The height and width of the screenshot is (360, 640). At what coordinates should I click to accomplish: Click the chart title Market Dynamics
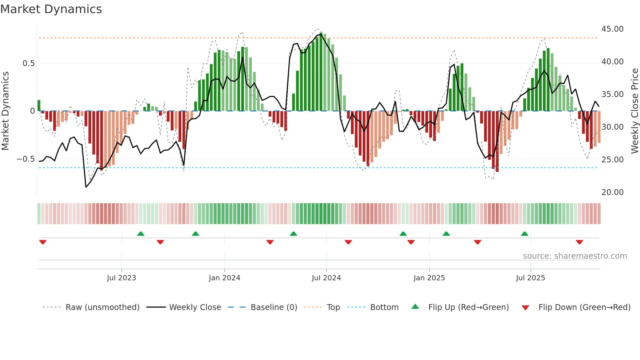click(x=51, y=9)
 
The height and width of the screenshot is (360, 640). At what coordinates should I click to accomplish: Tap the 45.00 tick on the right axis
click(x=612, y=29)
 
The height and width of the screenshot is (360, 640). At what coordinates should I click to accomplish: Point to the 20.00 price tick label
click(x=612, y=192)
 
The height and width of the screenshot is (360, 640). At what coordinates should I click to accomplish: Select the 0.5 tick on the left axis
click(x=28, y=63)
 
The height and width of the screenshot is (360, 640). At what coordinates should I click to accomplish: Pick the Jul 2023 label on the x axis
click(x=121, y=278)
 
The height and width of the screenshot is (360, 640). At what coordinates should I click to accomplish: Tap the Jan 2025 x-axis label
click(x=429, y=278)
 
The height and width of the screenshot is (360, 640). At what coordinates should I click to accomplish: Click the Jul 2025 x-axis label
click(x=530, y=278)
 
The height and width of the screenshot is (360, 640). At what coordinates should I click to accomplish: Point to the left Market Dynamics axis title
click(x=5, y=111)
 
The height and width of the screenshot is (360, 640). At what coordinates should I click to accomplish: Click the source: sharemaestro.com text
click(x=575, y=256)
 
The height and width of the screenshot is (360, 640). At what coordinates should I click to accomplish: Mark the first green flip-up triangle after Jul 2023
click(x=141, y=234)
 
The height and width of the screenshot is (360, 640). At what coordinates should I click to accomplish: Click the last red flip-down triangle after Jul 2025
click(x=579, y=242)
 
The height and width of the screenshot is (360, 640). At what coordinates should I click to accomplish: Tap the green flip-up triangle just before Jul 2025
click(x=524, y=234)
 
